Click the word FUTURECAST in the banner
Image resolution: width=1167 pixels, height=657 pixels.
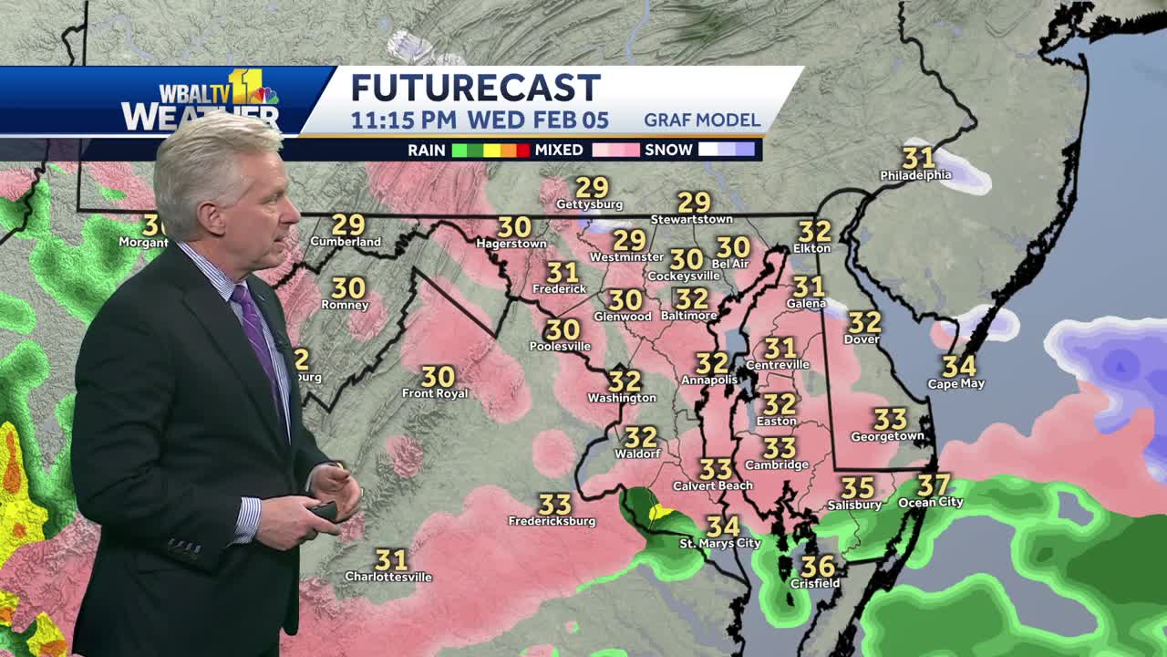(475, 89)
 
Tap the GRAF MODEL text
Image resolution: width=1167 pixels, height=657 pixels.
(701, 120)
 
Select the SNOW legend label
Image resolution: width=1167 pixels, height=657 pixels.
(668, 150)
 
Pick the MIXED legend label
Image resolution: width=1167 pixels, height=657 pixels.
(559, 150)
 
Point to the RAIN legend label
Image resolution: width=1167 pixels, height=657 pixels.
(426, 150)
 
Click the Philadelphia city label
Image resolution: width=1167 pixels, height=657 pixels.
(915, 175)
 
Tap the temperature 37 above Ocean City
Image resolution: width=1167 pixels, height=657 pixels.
(934, 485)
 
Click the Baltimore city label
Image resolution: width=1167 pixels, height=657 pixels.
(688, 316)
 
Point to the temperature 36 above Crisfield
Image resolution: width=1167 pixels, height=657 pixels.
(818, 567)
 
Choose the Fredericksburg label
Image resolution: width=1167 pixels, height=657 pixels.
(552, 522)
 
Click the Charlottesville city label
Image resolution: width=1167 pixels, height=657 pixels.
(388, 577)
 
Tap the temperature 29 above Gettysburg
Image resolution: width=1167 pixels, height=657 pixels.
(592, 188)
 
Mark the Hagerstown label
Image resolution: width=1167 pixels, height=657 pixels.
(511, 245)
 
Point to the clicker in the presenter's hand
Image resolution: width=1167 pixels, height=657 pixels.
(325, 511)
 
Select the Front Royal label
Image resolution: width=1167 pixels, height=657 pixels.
(435, 394)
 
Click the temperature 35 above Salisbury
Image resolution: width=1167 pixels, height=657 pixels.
(857, 488)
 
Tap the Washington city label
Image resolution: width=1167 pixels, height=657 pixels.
(622, 398)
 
